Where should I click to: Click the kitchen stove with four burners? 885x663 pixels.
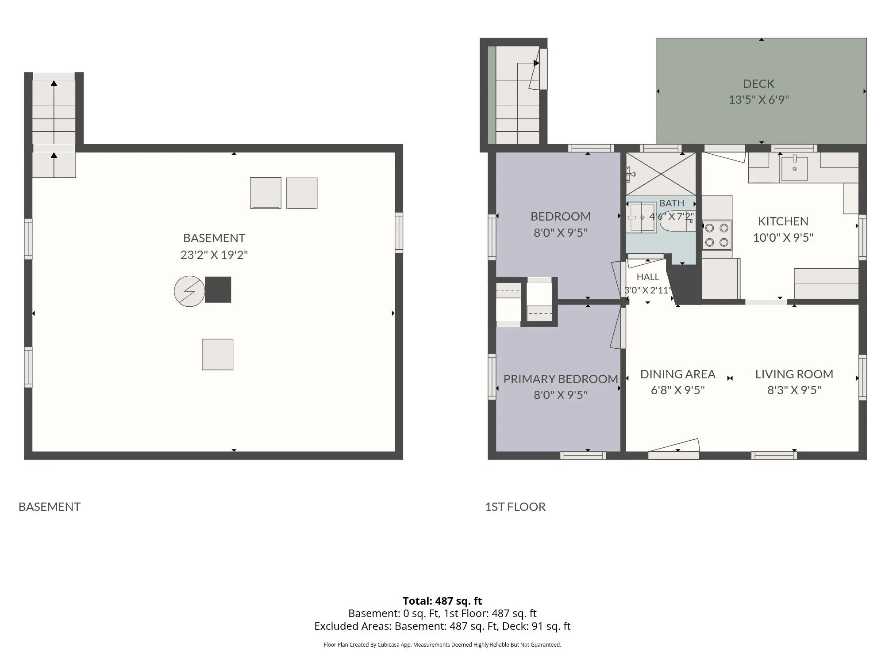click(717, 235)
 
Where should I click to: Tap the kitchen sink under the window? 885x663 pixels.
click(795, 168)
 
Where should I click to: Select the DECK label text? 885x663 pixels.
click(758, 84)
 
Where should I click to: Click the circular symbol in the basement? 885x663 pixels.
click(189, 291)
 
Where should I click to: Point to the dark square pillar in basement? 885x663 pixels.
click(218, 290)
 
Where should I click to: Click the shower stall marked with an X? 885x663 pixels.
click(660, 174)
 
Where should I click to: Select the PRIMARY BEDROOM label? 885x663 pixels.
click(561, 379)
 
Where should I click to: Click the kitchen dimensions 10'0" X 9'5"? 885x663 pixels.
click(783, 237)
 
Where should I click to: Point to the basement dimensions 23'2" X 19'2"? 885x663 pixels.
click(214, 255)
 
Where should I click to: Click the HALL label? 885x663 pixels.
click(648, 277)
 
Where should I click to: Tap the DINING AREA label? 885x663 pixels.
click(677, 374)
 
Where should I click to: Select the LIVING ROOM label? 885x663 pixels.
click(794, 374)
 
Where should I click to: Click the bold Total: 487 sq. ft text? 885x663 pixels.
click(442, 601)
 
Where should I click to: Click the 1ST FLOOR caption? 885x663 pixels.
click(515, 507)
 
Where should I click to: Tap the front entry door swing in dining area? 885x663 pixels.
click(674, 446)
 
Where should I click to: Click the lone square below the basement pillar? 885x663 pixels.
click(218, 354)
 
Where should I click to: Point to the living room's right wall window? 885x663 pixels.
click(862, 378)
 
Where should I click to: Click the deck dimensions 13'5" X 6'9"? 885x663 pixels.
click(759, 100)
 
